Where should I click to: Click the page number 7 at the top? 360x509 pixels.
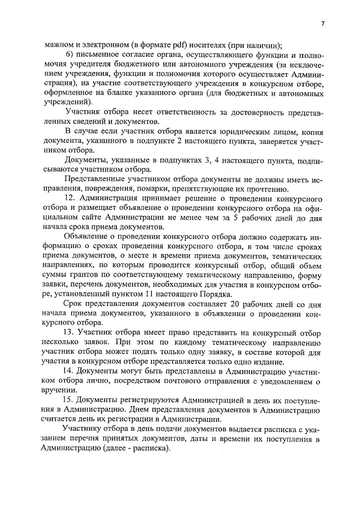323,24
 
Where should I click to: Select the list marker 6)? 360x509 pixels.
69,55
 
